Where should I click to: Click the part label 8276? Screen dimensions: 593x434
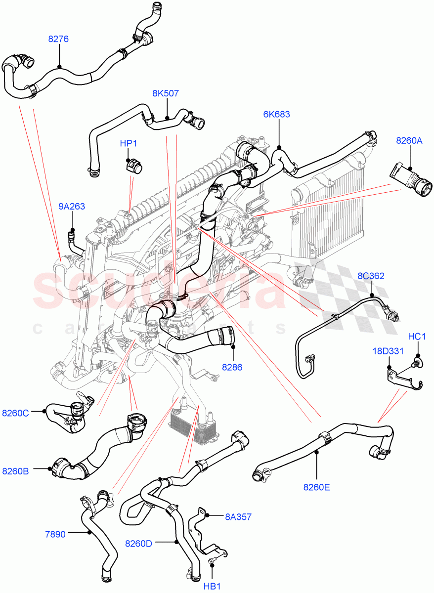pos(58,39)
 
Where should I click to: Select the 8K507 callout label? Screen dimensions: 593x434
pos(166,93)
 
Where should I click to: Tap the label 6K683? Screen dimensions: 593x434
pos(276,114)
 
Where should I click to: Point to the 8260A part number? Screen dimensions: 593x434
pos(409,141)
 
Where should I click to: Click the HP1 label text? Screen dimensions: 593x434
pos(129,143)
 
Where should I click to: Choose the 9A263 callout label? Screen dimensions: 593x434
pos(72,207)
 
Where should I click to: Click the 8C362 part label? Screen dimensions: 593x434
pos(371,276)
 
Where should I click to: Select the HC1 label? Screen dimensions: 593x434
pos(417,337)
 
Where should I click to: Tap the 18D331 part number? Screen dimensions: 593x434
pos(388,351)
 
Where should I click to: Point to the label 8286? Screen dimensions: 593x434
pos(232,367)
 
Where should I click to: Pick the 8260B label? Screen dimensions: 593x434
pos(15,471)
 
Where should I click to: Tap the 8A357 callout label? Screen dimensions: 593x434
pos(238,517)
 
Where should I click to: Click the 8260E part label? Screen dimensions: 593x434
pos(316,487)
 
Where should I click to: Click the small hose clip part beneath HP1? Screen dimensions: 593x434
pos(133,166)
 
